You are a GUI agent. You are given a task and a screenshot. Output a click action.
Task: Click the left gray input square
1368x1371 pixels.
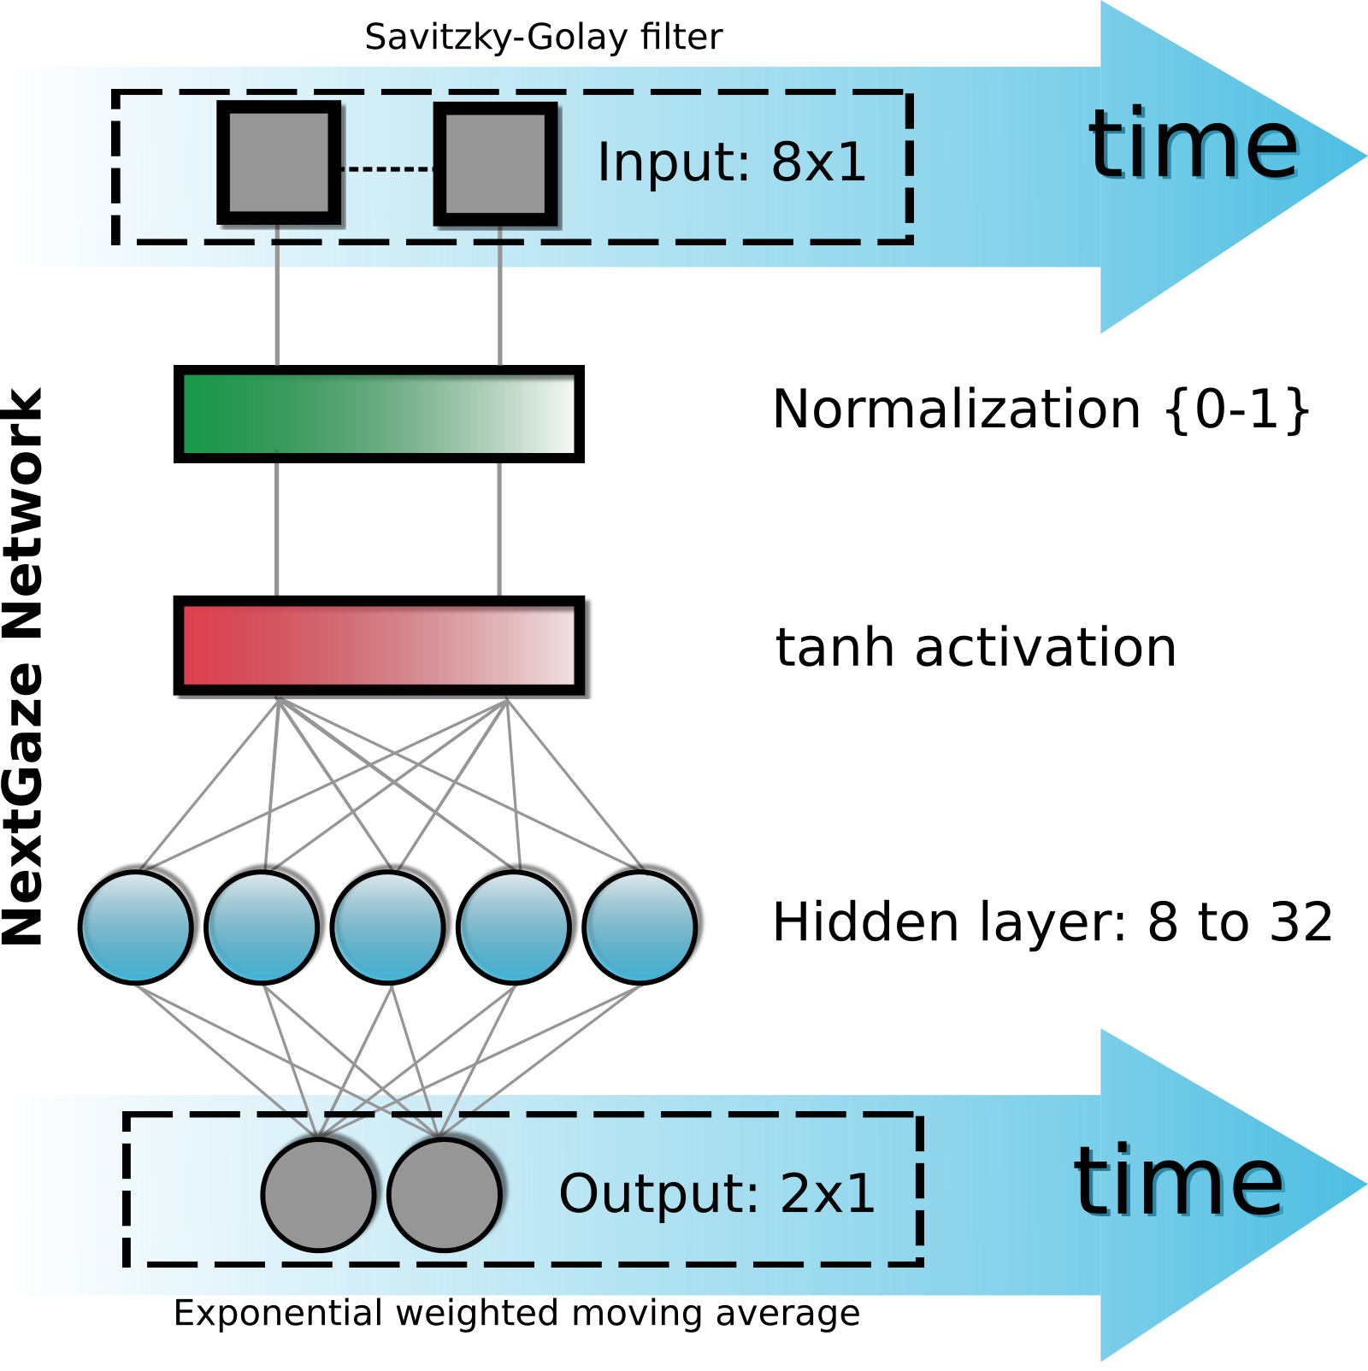tap(280, 163)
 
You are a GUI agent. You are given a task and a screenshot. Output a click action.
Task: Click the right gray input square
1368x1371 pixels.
tap(496, 164)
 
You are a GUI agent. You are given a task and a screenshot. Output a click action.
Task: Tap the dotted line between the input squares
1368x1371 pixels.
tap(387, 169)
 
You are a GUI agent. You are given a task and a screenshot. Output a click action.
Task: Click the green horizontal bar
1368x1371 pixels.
tap(379, 414)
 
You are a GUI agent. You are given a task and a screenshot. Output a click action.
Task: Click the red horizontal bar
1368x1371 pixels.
tap(379, 645)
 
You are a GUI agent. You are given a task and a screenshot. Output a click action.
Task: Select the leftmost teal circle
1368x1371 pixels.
tap(136, 927)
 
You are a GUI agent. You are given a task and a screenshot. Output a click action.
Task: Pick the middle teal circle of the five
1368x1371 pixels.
tap(387, 927)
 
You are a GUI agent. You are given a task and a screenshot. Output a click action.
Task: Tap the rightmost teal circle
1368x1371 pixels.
tap(640, 927)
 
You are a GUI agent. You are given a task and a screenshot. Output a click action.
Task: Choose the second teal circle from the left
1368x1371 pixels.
tap(262, 927)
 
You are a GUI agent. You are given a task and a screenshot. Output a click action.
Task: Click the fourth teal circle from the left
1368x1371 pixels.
tap(514, 927)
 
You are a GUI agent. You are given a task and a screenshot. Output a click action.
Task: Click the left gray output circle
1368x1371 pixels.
tap(318, 1194)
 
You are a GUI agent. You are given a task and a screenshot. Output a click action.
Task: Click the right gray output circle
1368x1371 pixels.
tap(444, 1194)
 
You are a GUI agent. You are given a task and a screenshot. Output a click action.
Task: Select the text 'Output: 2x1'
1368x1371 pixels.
tap(716, 1193)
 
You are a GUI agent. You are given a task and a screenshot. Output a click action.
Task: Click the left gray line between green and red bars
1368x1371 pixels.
tap(277, 530)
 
